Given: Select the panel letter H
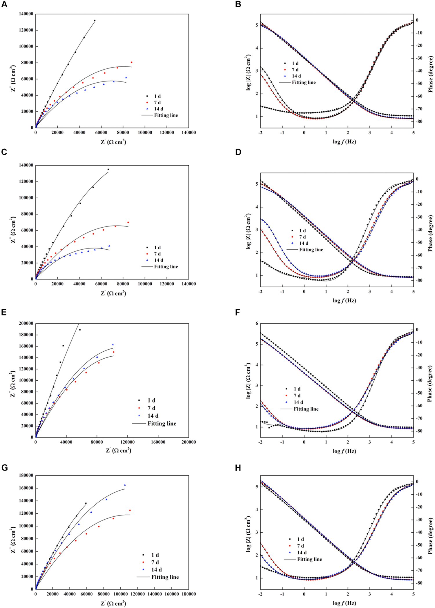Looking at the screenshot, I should tap(238, 468).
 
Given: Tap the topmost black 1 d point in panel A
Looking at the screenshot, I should tap(95, 21).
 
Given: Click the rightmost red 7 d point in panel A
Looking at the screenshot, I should tap(131, 62).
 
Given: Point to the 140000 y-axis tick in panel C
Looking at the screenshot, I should tap(26, 165).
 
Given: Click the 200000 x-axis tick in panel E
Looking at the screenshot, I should tap(188, 442).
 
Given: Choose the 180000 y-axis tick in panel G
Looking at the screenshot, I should tap(26, 475).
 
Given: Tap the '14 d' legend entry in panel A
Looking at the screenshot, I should tap(158, 109).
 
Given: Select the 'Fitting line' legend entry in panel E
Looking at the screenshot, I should tap(162, 424).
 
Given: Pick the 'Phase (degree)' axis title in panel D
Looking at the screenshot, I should tap(430, 233).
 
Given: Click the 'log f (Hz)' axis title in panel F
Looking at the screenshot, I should tap(344, 451).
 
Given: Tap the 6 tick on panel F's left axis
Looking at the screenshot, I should tap(256, 324).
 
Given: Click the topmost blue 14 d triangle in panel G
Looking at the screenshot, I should tap(125, 485).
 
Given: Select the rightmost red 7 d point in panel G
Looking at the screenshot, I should tap(130, 510).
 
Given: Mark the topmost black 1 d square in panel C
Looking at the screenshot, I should tap(108, 169).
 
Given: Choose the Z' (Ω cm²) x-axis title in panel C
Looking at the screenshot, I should tap(113, 293).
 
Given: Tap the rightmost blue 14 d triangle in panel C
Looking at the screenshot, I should tap(109, 246).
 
